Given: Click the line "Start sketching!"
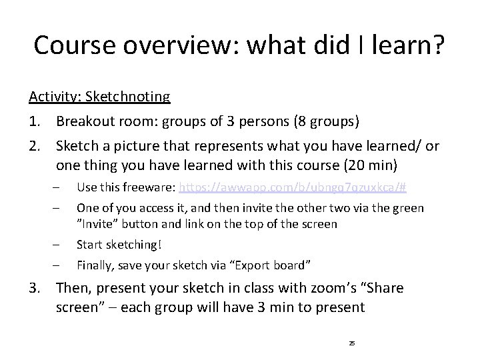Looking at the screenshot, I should click(x=118, y=244).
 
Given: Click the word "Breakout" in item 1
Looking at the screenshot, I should click(x=83, y=121).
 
